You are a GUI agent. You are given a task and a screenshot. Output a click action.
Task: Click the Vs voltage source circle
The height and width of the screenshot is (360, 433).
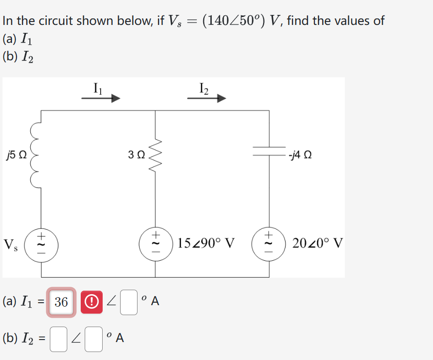tap(41, 244)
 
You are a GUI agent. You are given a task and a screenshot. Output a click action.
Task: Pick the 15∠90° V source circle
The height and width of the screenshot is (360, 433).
tap(154, 244)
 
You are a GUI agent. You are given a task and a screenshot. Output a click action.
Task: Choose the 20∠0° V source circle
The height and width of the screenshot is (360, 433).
tap(270, 244)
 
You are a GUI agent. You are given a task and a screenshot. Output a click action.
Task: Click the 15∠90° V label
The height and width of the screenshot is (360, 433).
tap(206, 244)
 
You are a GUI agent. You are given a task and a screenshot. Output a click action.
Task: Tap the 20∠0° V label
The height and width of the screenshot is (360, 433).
tap(317, 244)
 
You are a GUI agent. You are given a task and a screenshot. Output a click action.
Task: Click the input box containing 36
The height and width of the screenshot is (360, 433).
tap(62, 302)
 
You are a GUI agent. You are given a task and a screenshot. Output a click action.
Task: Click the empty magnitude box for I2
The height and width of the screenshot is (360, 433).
tap(58, 339)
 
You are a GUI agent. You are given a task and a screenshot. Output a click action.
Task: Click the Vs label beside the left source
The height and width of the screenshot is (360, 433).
tap(10, 245)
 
